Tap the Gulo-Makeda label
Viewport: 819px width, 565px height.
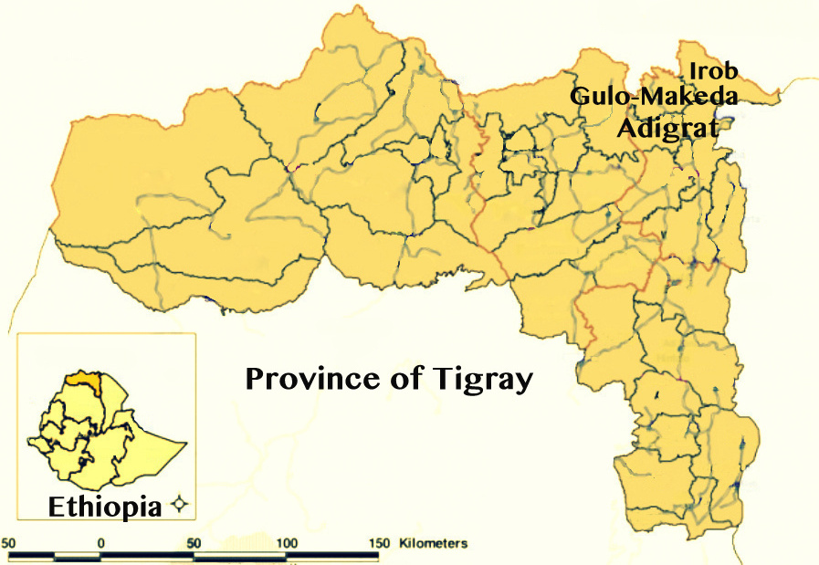653,97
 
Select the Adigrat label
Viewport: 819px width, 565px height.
667,128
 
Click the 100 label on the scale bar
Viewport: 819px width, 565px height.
287,543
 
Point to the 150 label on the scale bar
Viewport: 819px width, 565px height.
379,543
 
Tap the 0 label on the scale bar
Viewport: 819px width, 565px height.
100,543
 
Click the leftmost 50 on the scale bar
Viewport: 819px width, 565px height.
10,543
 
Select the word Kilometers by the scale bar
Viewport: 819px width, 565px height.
433,543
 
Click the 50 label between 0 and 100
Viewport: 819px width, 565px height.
194,543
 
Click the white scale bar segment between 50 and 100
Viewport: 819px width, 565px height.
240,554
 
